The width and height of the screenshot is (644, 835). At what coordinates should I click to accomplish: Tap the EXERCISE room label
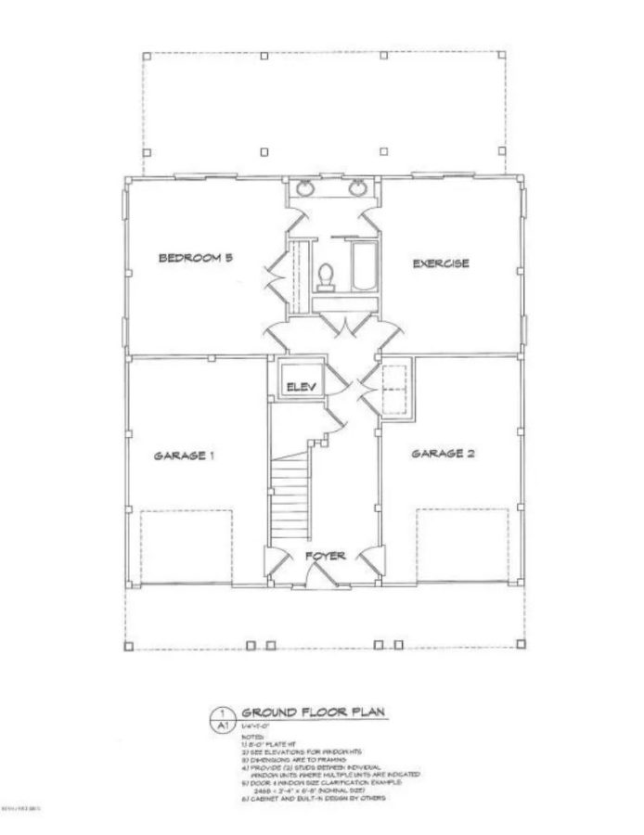coord(441,263)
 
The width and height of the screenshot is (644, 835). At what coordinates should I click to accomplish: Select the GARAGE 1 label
coord(185,456)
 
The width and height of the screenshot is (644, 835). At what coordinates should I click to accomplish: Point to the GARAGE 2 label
coord(443,454)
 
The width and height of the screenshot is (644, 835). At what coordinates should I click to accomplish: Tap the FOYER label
coord(325,556)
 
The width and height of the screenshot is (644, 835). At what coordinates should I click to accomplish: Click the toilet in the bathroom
coord(326,275)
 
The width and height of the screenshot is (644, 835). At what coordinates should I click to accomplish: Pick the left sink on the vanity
coord(305,190)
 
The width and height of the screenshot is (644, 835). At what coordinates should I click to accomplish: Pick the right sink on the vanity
coord(356,190)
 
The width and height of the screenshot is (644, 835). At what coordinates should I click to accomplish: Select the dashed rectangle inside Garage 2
coord(455,546)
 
